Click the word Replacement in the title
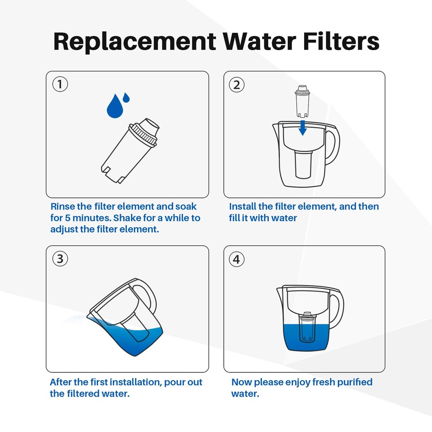[134, 41]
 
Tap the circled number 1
[60, 84]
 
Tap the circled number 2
[236, 85]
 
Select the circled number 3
[60, 259]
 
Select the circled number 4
[236, 259]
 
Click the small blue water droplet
[126, 97]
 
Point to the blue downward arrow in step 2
[303, 127]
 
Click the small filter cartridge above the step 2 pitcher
[302, 102]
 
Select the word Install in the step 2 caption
[244, 206]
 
